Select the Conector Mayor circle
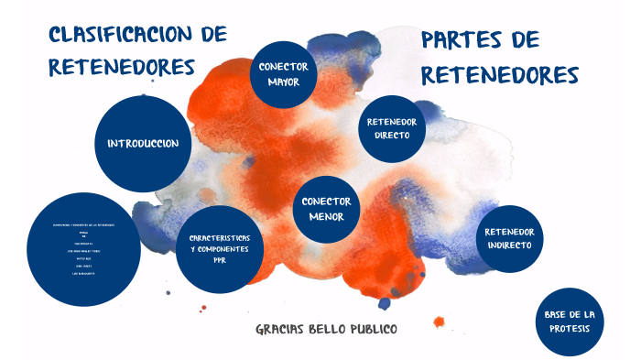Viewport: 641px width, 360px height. tap(283, 74)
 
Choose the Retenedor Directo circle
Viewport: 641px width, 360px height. tap(392, 128)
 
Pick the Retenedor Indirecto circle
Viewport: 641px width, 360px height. tap(510, 238)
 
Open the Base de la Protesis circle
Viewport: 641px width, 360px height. tap(569, 322)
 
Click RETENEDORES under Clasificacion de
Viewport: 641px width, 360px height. tap(122, 67)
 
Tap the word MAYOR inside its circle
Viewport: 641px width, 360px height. tap(283, 82)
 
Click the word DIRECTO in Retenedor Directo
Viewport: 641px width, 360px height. tap(392, 136)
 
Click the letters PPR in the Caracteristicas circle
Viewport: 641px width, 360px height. tap(220, 260)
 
